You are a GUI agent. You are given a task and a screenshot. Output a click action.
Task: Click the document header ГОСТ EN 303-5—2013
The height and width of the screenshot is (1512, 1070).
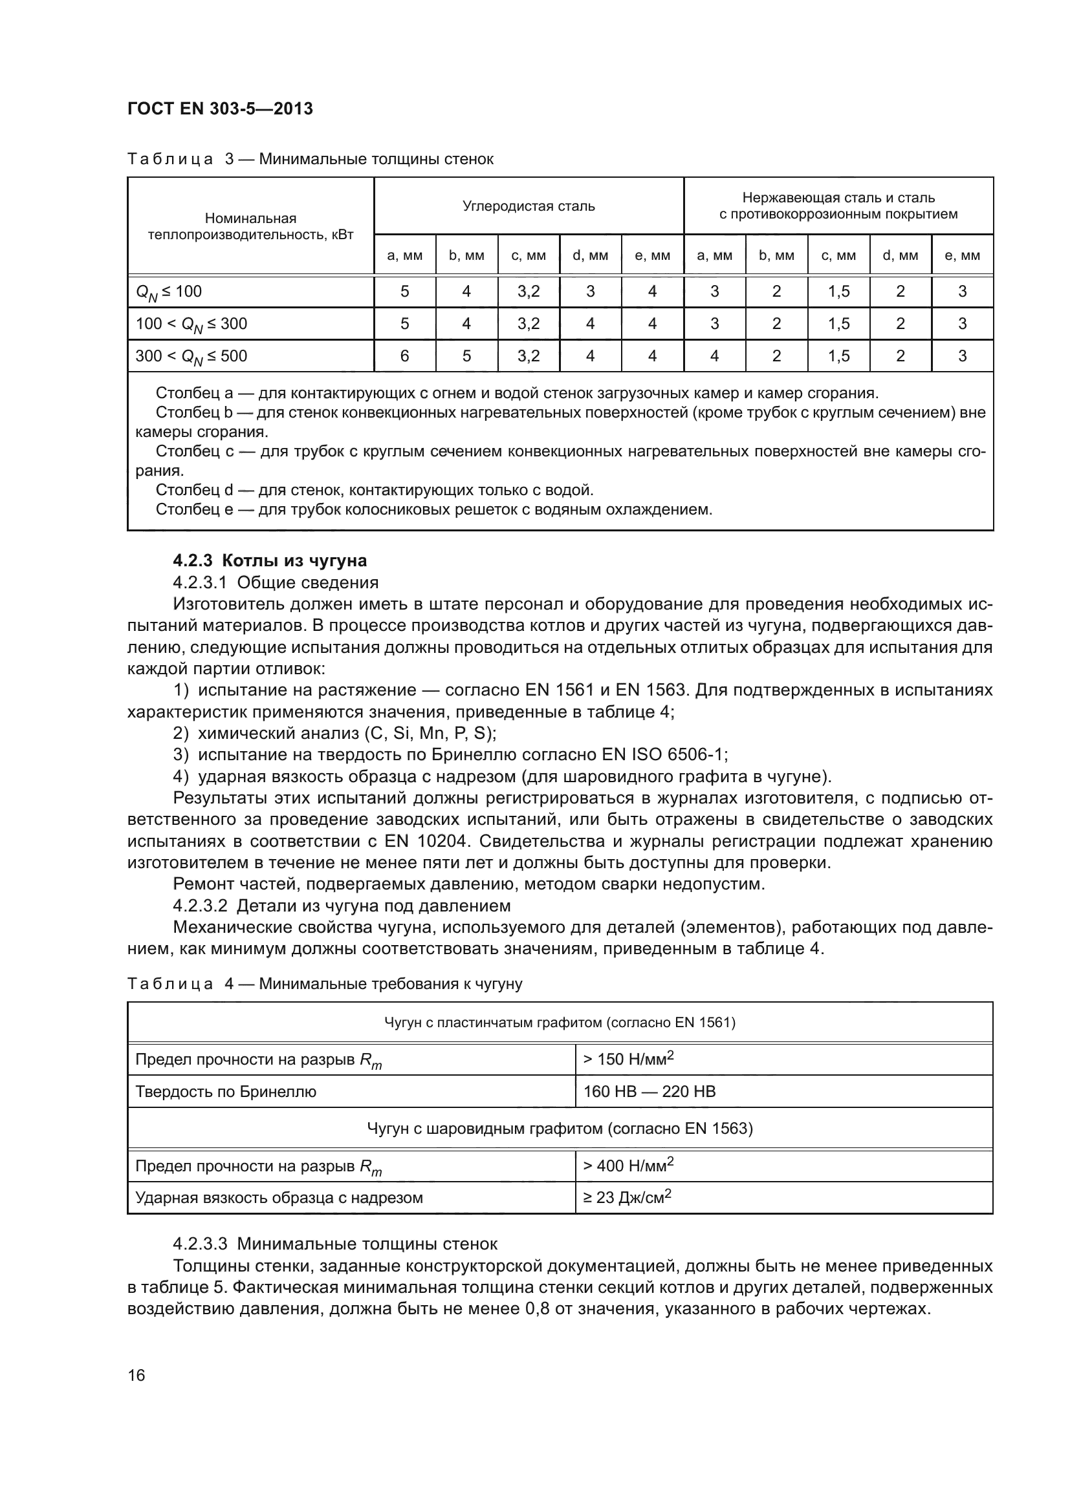pos(220,109)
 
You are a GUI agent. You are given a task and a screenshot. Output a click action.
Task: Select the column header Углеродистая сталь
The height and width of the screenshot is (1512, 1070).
pos(529,206)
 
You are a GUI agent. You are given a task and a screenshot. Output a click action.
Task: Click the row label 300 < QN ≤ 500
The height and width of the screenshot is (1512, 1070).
pos(191,356)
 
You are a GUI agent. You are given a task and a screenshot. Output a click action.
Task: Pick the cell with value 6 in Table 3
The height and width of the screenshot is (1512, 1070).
pos(404,356)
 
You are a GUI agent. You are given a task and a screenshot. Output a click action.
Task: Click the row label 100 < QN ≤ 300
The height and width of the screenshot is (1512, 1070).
pos(191,324)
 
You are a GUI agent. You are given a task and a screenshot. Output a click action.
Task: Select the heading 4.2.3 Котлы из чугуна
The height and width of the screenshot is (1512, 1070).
pos(270,560)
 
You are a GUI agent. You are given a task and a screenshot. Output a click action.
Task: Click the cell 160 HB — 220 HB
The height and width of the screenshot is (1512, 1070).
pos(649,1092)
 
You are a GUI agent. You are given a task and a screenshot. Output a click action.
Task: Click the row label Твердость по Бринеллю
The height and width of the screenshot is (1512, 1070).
pos(225,1092)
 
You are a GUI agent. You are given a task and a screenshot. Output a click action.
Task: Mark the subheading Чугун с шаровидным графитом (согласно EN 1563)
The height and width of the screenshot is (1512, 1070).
pos(560,1129)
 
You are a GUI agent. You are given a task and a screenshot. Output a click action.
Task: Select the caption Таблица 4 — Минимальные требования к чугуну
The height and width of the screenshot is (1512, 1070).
pos(324,984)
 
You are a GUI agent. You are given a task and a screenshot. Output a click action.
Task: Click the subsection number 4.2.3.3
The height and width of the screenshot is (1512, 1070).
pos(200,1244)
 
